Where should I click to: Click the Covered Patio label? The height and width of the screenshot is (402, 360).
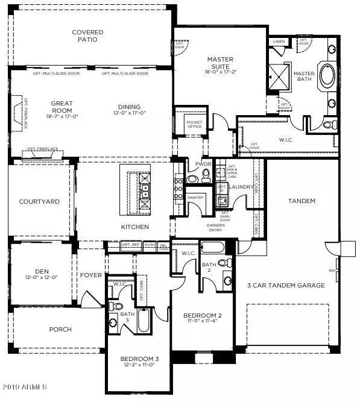87,36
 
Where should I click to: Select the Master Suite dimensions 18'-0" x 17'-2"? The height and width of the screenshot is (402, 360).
221,72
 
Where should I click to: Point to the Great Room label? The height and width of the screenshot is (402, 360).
62,107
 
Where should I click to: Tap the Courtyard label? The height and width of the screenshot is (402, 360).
39,202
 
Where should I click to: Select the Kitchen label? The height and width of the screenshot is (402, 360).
136,227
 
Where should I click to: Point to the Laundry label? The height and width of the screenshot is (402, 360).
239,187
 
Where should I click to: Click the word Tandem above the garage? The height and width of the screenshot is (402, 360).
302,201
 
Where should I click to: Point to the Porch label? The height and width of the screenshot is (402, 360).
60,329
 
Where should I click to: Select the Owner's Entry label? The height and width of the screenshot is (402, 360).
219,228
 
